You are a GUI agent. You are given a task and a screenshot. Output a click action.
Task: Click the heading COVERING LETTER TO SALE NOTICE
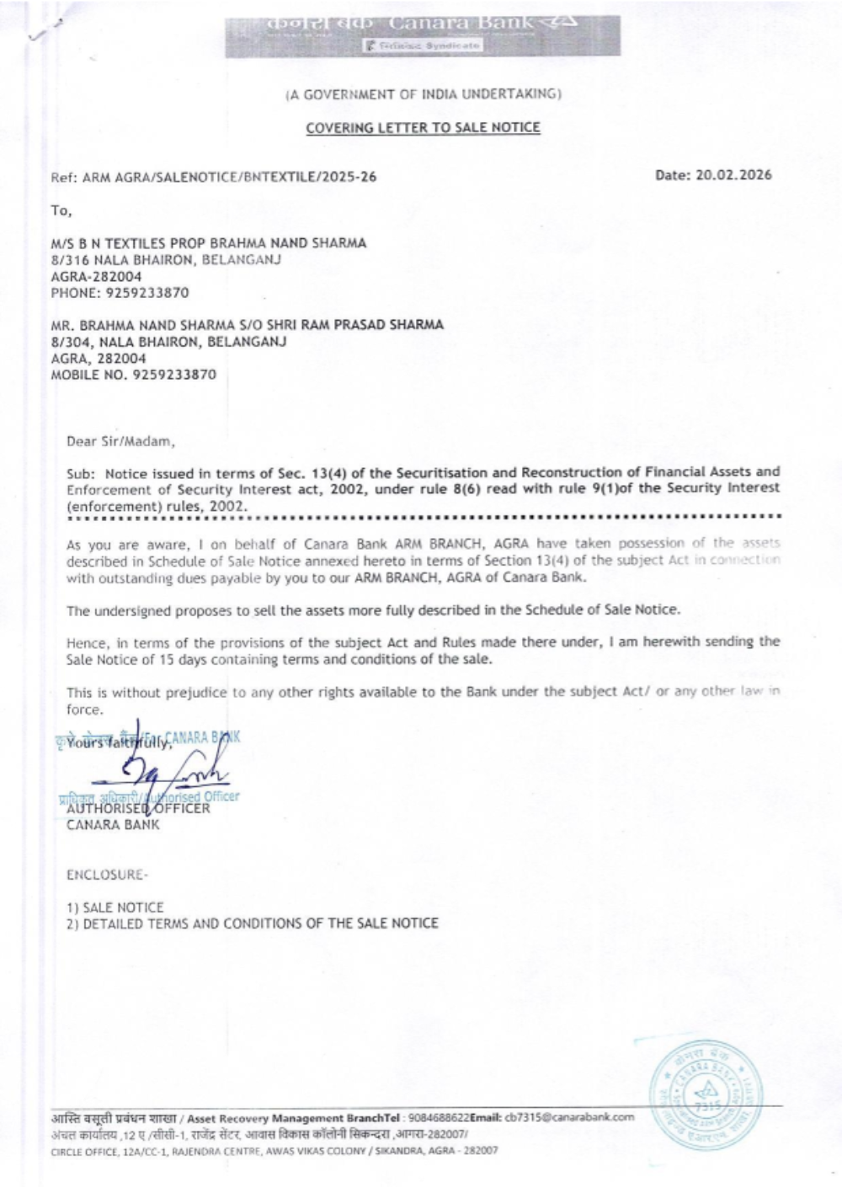(x=423, y=128)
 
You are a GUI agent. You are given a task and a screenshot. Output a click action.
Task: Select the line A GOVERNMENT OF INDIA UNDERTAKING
(x=423, y=93)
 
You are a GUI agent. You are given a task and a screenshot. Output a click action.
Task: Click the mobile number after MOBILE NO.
(x=172, y=375)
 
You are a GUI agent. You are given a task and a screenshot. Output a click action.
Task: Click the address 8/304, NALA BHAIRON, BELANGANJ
(x=168, y=342)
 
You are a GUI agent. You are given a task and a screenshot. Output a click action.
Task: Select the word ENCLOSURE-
(x=107, y=875)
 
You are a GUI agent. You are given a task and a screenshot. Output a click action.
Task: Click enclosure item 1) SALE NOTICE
(x=115, y=908)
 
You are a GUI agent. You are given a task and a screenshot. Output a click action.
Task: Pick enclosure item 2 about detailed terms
(x=253, y=924)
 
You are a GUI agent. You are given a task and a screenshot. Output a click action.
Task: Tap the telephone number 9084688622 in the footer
(x=438, y=1118)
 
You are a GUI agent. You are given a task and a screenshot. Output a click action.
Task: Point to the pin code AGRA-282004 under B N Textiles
(x=96, y=276)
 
